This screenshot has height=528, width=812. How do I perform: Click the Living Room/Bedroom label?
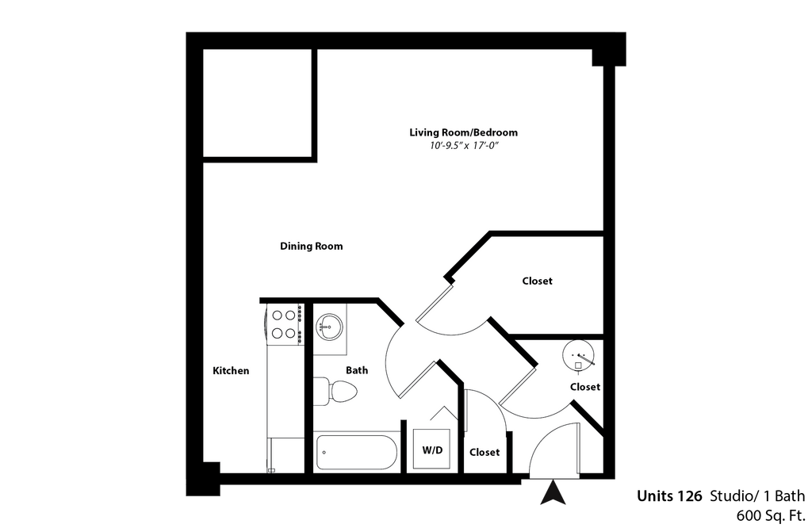463,132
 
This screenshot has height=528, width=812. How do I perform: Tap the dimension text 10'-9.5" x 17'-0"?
463,146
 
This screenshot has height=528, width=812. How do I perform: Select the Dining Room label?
311,246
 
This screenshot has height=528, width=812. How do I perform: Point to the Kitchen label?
231,370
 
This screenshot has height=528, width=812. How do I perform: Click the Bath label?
357,369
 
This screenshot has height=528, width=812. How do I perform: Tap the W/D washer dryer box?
432,450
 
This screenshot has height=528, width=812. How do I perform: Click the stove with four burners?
284,324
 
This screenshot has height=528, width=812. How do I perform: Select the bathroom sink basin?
329,325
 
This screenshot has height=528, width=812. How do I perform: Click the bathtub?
357,453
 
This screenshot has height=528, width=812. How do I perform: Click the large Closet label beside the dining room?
537,281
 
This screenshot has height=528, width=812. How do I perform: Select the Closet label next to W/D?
485,452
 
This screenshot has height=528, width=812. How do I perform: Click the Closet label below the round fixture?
585,387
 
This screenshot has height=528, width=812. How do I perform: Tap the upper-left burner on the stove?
278,316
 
